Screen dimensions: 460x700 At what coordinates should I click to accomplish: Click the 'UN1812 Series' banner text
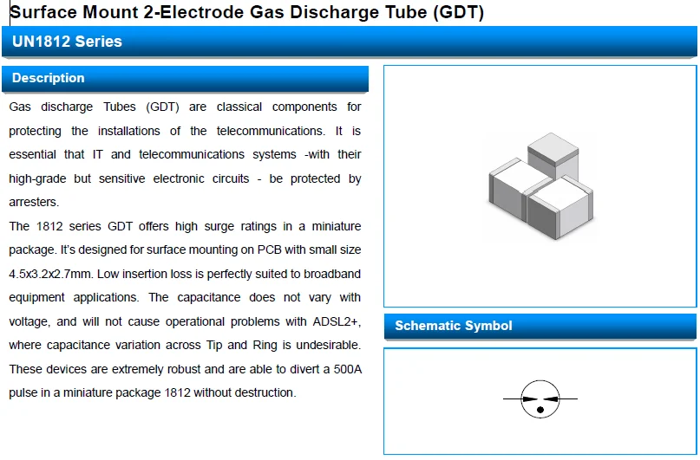(67, 42)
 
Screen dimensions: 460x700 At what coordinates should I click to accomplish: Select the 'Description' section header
(49, 78)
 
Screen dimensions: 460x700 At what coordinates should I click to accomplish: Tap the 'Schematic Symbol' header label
(454, 326)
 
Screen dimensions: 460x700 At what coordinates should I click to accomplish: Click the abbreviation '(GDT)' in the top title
(454, 12)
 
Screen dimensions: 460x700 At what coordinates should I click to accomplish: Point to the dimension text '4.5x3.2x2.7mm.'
(50, 274)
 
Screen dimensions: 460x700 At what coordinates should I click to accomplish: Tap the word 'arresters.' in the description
(35, 202)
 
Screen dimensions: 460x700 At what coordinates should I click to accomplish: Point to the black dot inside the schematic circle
(540, 409)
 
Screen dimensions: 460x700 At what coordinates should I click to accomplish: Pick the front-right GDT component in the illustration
(559, 209)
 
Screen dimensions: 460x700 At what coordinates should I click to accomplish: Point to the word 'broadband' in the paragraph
(332, 274)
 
